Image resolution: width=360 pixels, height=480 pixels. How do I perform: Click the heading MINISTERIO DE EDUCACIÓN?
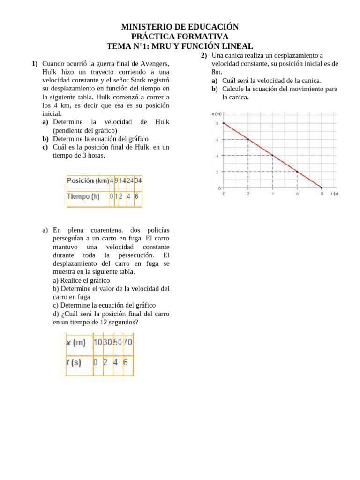pos(180,27)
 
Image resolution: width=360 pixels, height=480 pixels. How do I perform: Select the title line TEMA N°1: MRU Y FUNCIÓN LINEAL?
pos(180,46)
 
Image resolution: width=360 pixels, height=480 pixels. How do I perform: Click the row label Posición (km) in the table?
pos(88,180)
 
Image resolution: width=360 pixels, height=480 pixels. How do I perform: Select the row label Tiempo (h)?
pos(84,197)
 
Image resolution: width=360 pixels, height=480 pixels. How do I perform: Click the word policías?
pos(155,230)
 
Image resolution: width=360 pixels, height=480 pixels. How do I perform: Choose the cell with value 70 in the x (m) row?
pos(127,343)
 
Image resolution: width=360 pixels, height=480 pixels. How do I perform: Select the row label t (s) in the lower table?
pos(74,362)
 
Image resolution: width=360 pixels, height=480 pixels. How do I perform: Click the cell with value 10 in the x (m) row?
pos(97,343)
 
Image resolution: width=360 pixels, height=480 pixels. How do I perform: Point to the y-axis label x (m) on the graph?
pos(217,113)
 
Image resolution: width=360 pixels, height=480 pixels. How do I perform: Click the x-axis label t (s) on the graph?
pos(335,194)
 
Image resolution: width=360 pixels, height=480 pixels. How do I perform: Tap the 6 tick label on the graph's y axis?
pos(217,140)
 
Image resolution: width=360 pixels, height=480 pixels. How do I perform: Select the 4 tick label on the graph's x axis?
pos(273,194)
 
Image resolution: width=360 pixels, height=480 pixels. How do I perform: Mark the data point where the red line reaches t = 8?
pos(322,188)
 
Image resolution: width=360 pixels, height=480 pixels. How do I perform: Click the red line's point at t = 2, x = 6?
pos(248,139)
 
